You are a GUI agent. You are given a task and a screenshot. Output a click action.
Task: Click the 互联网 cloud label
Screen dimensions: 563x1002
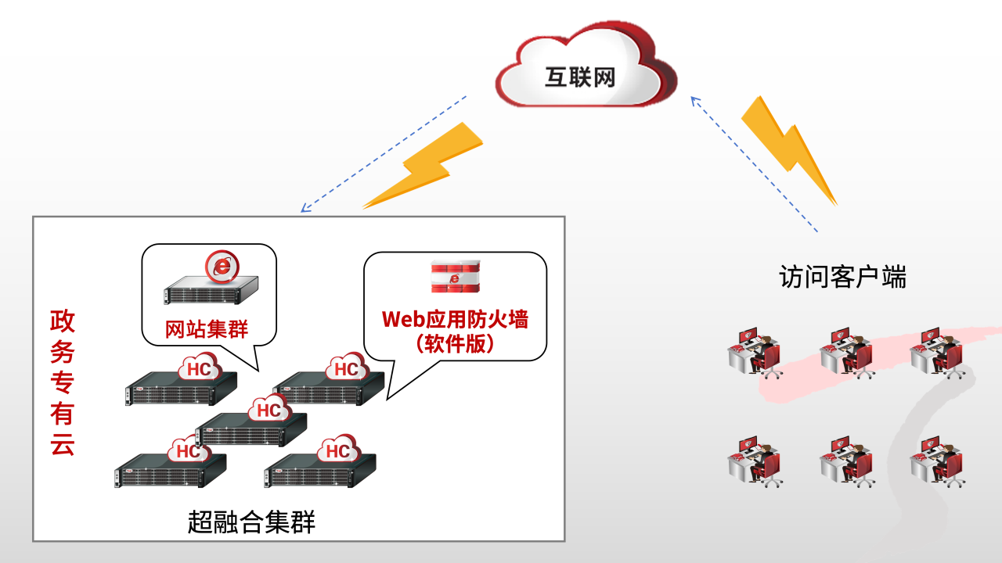pyautogui.click(x=580, y=77)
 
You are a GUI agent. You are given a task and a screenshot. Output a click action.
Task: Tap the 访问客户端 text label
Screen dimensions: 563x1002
pyautogui.click(x=842, y=277)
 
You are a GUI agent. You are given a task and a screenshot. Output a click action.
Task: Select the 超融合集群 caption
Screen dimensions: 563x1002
pyautogui.click(x=251, y=522)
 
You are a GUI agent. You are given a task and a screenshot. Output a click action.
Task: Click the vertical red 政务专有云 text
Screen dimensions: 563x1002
pyautogui.click(x=63, y=383)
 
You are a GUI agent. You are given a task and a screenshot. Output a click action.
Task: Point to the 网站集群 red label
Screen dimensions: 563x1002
pyautogui.click(x=207, y=329)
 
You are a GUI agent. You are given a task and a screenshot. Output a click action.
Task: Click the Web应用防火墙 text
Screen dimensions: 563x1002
pyautogui.click(x=455, y=320)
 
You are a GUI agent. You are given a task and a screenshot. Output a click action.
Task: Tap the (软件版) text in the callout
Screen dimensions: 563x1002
pyautogui.click(x=455, y=343)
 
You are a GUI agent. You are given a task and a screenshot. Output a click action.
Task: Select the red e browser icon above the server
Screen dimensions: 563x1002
pyautogui.click(x=222, y=267)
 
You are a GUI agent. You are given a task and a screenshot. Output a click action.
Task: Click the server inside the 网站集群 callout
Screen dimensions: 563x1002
pyautogui.click(x=210, y=292)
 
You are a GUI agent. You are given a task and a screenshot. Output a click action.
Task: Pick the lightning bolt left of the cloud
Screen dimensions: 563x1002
pyautogui.click(x=427, y=166)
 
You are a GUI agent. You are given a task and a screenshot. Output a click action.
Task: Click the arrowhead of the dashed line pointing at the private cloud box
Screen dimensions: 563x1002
pyautogui.click(x=305, y=209)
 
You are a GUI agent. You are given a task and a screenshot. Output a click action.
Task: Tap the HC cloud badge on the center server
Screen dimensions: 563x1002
pyautogui.click(x=269, y=410)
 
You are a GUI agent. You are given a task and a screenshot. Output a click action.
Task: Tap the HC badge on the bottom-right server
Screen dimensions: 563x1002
pyautogui.click(x=337, y=451)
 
